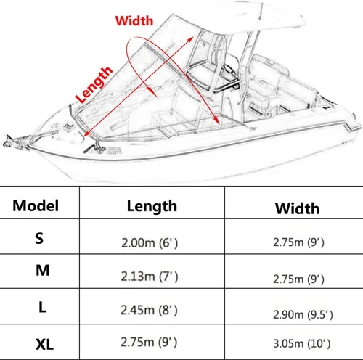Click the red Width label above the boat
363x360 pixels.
click(x=134, y=21)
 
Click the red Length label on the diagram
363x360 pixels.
click(x=94, y=84)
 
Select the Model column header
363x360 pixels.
click(x=36, y=205)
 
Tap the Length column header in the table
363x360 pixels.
click(x=152, y=206)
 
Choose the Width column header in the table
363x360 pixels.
click(x=297, y=208)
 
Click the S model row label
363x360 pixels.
click(x=39, y=238)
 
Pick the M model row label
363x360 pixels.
click(x=43, y=270)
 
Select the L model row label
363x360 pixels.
click(x=42, y=307)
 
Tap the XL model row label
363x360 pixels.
click(x=44, y=344)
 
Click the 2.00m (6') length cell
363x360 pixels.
click(x=150, y=242)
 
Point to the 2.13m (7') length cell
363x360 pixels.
click(x=150, y=277)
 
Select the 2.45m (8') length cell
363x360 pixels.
click(x=149, y=310)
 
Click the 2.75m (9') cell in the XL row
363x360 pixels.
click(x=149, y=342)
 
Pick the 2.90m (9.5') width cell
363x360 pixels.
click(x=303, y=314)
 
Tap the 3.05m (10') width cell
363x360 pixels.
click(x=302, y=343)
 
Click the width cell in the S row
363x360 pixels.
click(x=298, y=242)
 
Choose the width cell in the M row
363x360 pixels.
click(x=298, y=279)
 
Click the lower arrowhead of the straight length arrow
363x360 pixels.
click(x=86, y=134)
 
